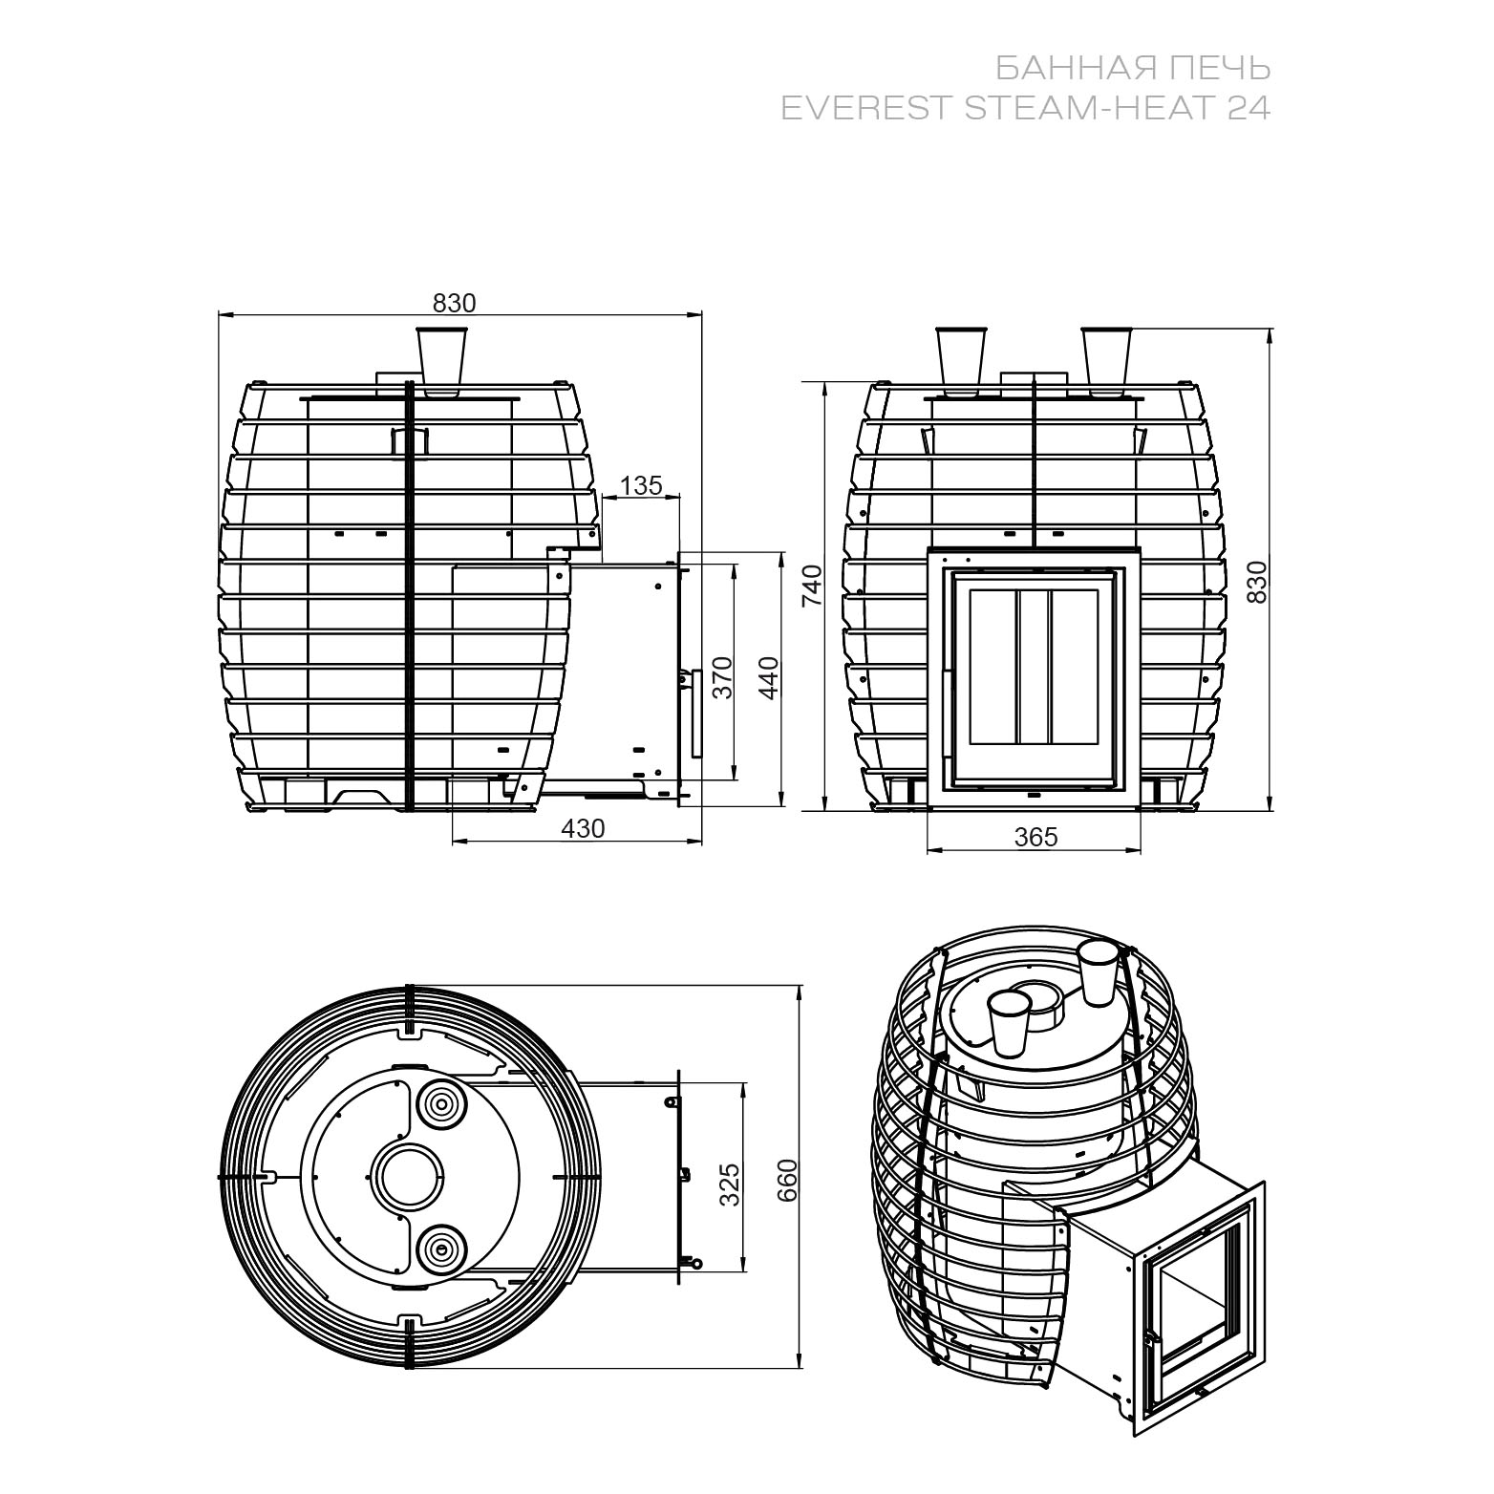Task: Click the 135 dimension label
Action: (x=641, y=486)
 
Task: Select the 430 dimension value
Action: (x=583, y=828)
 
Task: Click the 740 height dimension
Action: (x=811, y=587)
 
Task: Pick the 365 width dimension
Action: (x=1036, y=837)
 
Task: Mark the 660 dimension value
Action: (x=785, y=1181)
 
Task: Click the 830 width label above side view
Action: (x=454, y=303)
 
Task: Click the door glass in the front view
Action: (x=1034, y=668)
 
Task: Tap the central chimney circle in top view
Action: (x=407, y=1176)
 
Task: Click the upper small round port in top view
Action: (x=441, y=1106)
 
